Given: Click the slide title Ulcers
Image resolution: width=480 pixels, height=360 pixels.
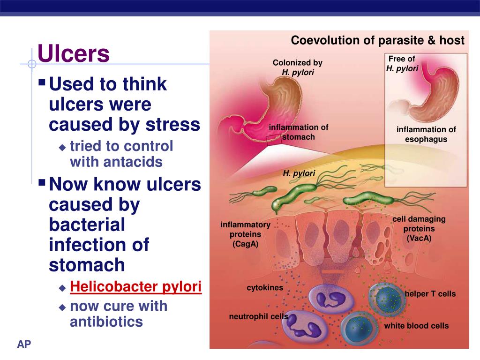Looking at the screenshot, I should [x=74, y=54].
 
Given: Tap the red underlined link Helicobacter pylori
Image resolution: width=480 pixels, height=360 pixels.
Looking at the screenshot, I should [x=135, y=287].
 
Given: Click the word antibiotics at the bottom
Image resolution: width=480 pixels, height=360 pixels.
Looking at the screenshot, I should [x=106, y=322].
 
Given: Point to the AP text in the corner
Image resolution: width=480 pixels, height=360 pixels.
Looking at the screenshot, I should [x=24, y=345].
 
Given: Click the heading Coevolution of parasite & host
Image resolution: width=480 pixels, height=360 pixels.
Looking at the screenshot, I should [x=377, y=40].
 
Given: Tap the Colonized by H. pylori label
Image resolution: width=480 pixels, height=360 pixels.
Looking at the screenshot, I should [x=298, y=67].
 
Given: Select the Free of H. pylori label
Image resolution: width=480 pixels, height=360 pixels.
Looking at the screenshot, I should [x=402, y=64].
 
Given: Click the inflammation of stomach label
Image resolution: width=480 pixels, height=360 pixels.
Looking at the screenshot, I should [x=298, y=132].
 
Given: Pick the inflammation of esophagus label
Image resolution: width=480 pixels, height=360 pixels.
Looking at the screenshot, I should [x=426, y=135].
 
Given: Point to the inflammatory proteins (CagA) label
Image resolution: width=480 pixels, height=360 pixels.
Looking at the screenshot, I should [x=245, y=234].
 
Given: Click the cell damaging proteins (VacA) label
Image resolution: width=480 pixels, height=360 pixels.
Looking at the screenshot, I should [x=419, y=229].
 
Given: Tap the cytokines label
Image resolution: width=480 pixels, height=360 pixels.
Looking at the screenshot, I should [x=265, y=288].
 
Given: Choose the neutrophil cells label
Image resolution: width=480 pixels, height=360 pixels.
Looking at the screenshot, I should [x=258, y=316].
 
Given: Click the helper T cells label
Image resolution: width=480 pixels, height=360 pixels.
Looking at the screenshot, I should [x=430, y=294].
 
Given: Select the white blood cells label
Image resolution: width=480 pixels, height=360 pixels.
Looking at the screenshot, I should [x=416, y=326].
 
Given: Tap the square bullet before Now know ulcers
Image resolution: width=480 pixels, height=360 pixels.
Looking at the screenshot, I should [x=42, y=182].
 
